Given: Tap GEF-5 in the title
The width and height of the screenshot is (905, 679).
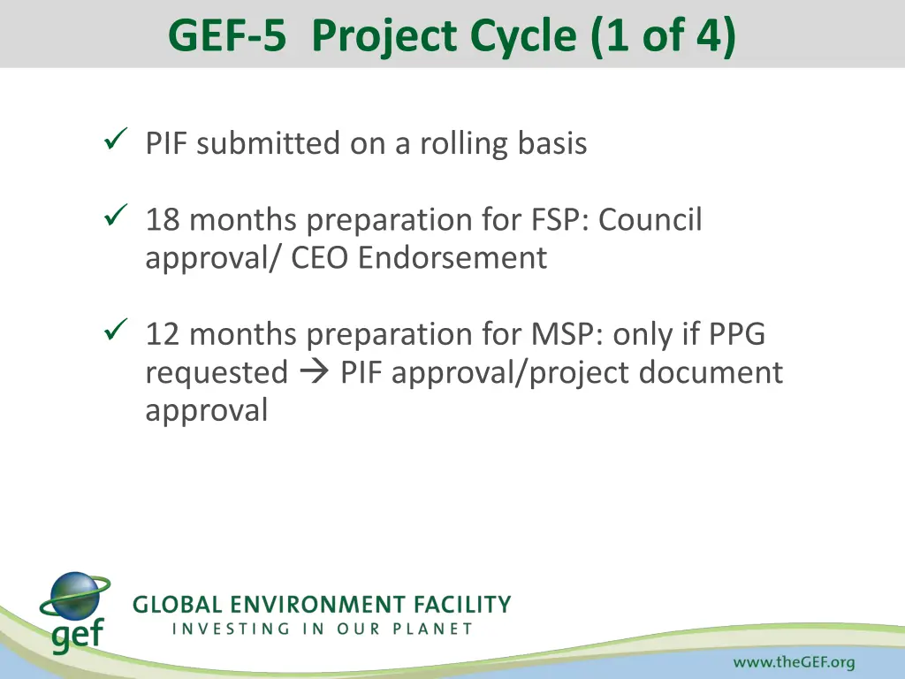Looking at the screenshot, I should point(226,36).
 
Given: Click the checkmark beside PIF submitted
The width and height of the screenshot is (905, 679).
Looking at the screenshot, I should point(117,138).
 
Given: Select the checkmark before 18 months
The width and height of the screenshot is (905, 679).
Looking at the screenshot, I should point(117,214).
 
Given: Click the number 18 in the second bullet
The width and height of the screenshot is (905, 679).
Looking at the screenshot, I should point(163,220).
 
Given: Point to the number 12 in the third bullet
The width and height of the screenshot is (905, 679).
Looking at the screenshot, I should point(163,334).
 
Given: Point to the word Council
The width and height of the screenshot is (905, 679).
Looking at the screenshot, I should point(650,220).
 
